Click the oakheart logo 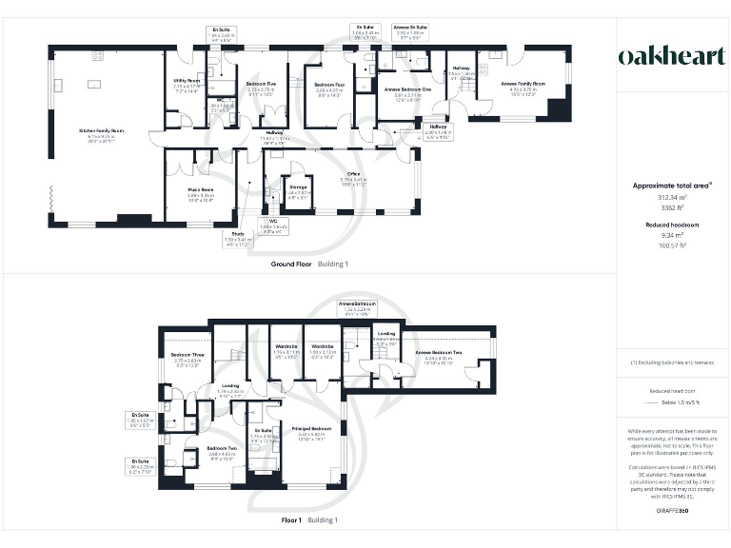[673, 56]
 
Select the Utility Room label [187, 81]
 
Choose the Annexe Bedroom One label [407, 85]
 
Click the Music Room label [201, 189]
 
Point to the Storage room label [299, 187]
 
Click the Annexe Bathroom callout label [358, 304]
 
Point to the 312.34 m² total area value [673, 197]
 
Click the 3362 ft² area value [673, 208]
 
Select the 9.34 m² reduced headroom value [673, 235]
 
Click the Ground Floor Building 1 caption [309, 264]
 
